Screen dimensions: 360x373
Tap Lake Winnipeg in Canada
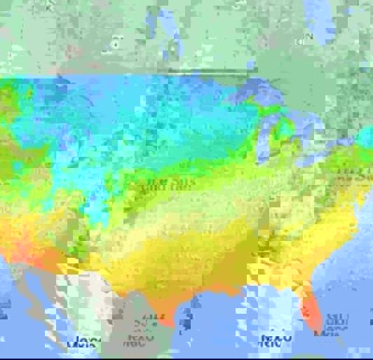pos(168,35)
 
